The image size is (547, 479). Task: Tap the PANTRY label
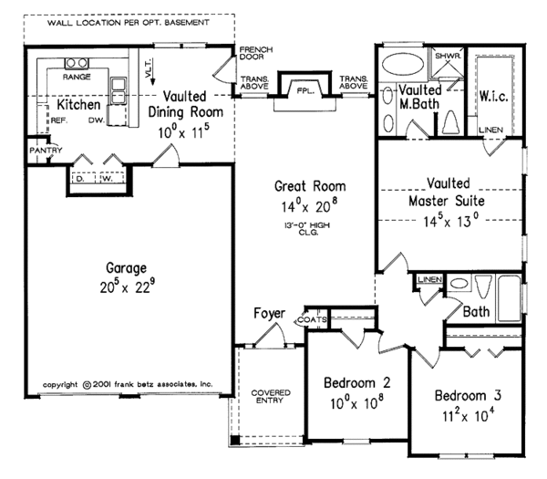click(x=45, y=150)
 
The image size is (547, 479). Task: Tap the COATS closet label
click(x=308, y=320)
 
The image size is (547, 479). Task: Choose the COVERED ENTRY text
click(x=271, y=398)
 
